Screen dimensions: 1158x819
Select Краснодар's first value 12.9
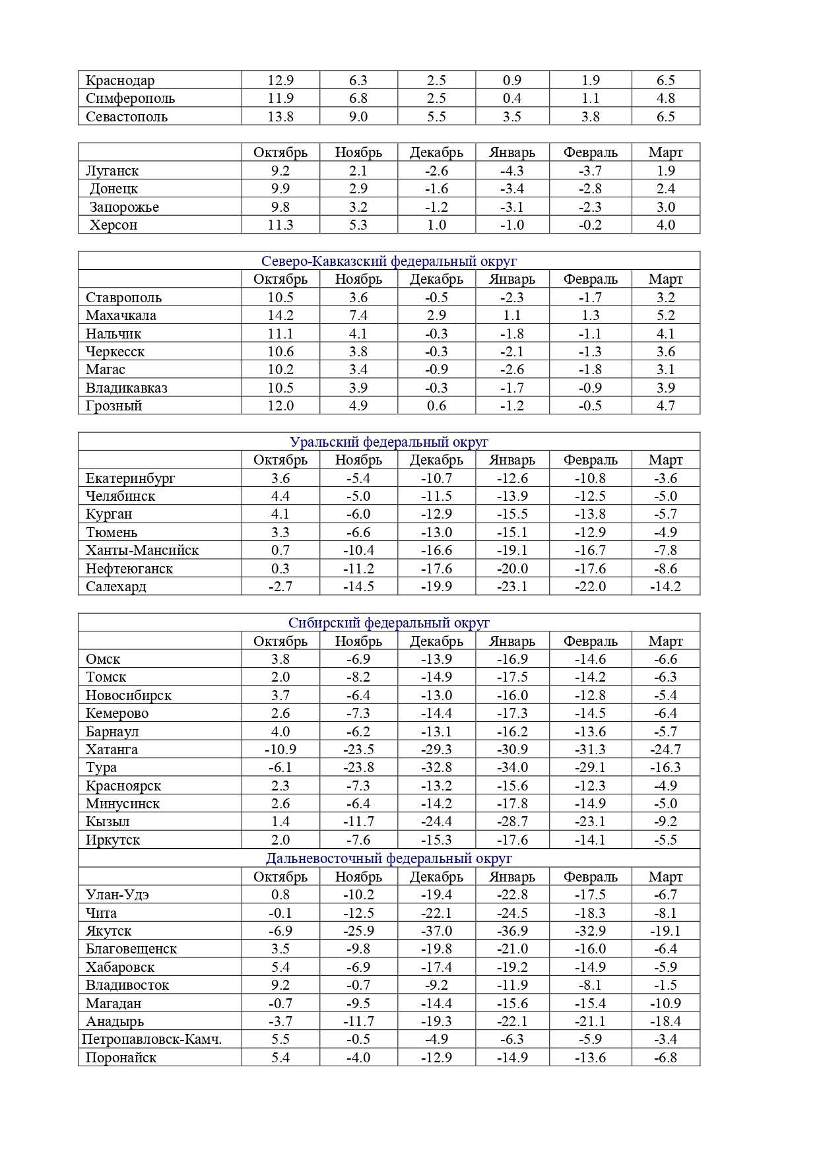pyautogui.click(x=280, y=80)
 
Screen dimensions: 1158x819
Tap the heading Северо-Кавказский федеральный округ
pyautogui.click(x=389, y=261)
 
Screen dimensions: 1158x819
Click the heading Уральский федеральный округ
pyautogui.click(x=389, y=442)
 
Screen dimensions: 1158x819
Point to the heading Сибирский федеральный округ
pyautogui.click(x=389, y=623)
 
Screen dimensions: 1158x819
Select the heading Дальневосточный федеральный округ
pyautogui.click(x=389, y=858)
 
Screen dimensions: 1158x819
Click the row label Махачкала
pyautogui.click(x=121, y=315)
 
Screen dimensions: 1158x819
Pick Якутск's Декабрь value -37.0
pyautogui.click(x=436, y=931)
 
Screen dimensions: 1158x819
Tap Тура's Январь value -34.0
pyautogui.click(x=512, y=767)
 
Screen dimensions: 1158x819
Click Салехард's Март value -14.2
pyautogui.click(x=665, y=587)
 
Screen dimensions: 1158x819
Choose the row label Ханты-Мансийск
pyautogui.click(x=142, y=550)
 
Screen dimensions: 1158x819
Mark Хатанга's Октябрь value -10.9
pyautogui.click(x=280, y=750)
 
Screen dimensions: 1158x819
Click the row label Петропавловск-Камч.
pyautogui.click(x=152, y=1039)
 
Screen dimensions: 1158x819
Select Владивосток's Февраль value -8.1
pyautogui.click(x=590, y=985)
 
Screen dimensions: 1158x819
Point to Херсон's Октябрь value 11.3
pyautogui.click(x=280, y=225)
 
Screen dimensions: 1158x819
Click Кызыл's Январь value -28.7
pyautogui.click(x=512, y=821)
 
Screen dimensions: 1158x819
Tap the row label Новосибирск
pyautogui.click(x=129, y=695)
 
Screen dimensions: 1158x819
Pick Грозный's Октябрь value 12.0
pyautogui.click(x=280, y=406)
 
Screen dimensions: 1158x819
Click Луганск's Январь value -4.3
pyautogui.click(x=512, y=171)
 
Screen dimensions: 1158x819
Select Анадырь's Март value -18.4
pyautogui.click(x=665, y=1021)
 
